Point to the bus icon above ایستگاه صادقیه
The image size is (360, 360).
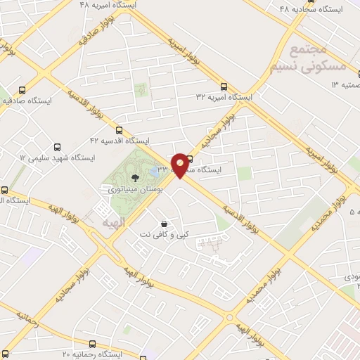coord(23,91)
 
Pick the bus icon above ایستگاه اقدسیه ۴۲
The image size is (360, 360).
coord(118,129)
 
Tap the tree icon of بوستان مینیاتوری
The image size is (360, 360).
coord(136,178)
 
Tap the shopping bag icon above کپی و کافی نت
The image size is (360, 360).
coord(164,223)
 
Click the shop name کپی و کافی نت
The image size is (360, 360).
coord(167,233)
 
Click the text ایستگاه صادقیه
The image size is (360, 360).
coord(28,101)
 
